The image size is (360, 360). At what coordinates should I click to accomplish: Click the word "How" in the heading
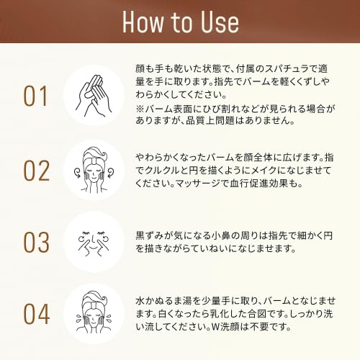coord(143,22)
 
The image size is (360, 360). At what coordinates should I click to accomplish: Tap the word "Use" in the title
coord(220,22)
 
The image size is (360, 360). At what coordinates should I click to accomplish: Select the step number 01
coord(35,96)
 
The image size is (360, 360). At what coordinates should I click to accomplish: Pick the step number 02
coord(37,171)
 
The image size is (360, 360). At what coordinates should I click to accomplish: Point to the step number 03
coord(37,243)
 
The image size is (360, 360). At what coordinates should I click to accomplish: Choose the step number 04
coord(37,314)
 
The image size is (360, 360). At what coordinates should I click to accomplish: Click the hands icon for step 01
coord(94,96)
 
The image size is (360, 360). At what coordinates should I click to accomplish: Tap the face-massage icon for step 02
coord(94,170)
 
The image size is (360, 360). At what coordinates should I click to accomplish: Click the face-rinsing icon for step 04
coord(94,312)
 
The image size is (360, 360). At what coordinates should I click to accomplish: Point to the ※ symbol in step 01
coord(140,109)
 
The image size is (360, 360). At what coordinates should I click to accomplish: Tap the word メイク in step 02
coord(264,171)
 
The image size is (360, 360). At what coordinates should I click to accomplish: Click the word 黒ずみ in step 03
coord(150,235)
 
